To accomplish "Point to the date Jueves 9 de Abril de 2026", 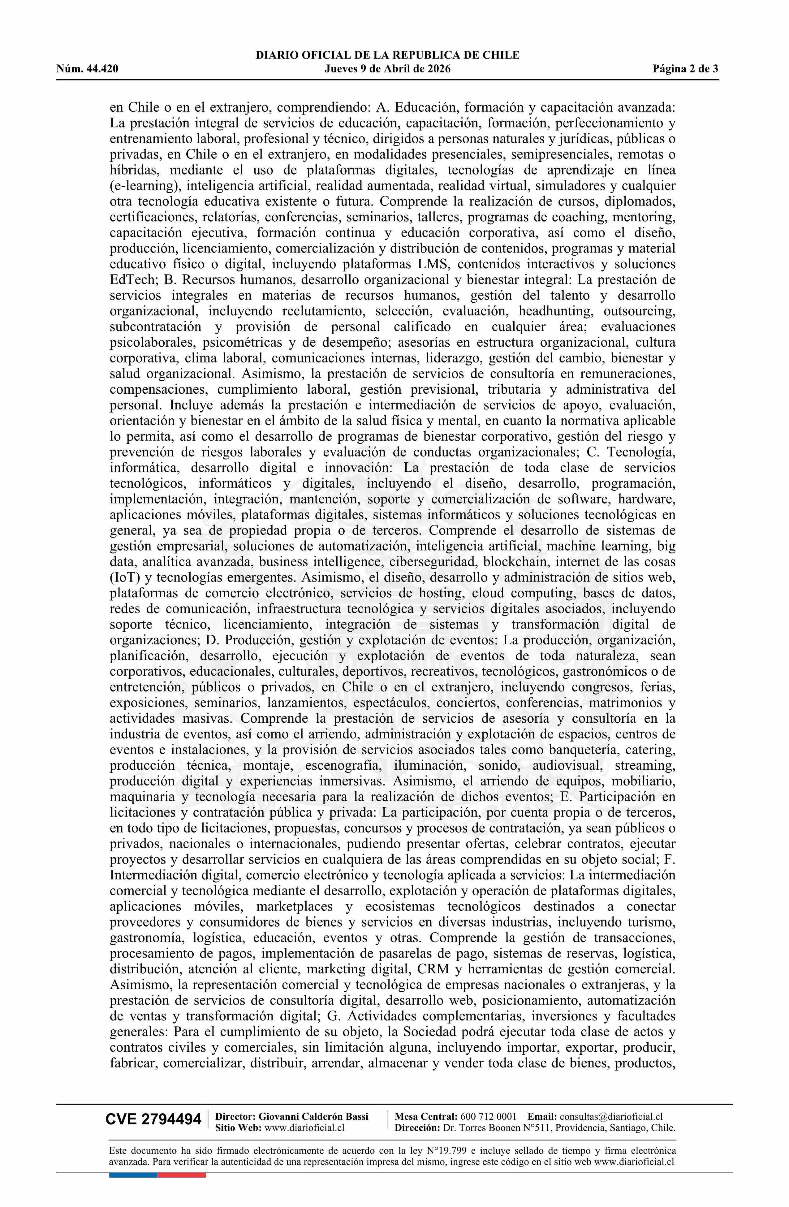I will (x=387, y=69).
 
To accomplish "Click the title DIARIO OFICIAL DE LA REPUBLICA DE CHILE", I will (x=387, y=55).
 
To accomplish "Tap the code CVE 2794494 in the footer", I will (x=153, y=1119).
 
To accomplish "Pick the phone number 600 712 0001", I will (x=488, y=1116).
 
